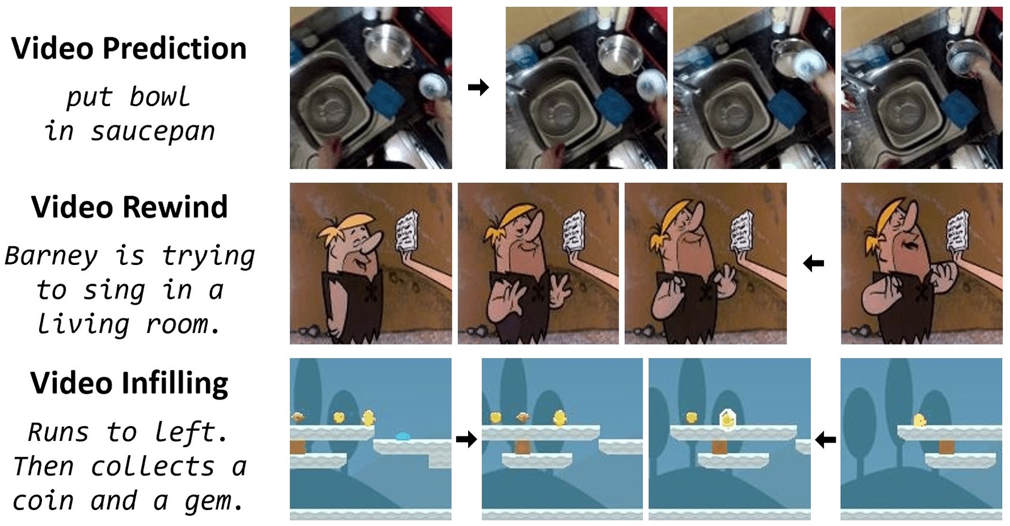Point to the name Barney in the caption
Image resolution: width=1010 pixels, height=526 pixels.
click(51, 256)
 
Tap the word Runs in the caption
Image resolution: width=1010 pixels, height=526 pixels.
click(58, 432)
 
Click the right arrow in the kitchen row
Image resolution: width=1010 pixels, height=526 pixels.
click(478, 87)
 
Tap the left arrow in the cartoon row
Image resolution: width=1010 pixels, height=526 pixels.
click(814, 263)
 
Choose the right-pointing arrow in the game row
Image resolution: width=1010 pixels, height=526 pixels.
click(466, 439)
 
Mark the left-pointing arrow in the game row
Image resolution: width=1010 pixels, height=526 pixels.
click(826, 439)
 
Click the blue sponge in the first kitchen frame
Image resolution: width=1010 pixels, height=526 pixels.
click(385, 98)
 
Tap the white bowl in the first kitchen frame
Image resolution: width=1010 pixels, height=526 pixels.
click(433, 86)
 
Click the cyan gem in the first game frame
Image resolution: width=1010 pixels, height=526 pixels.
click(402, 436)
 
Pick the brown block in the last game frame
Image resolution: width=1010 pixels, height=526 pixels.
click(946, 447)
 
